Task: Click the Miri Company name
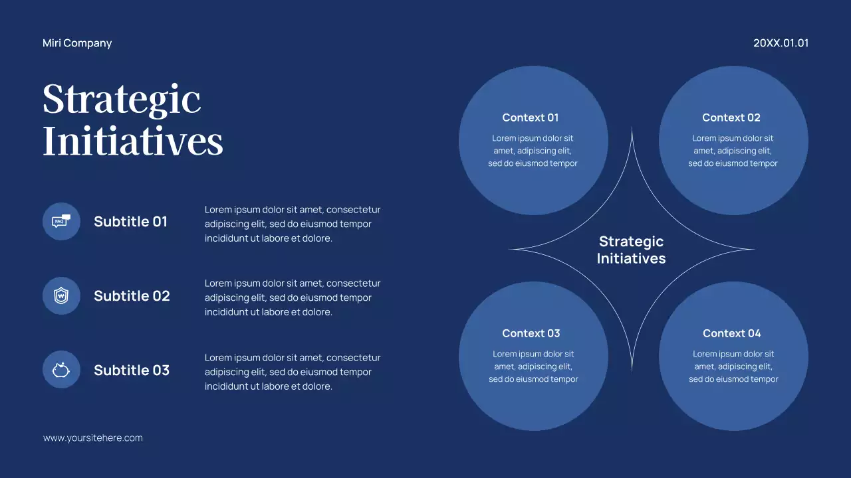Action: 77,43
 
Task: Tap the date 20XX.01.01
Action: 781,43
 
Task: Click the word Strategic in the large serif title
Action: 122,100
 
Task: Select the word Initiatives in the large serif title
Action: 133,141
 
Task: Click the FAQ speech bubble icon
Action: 61,221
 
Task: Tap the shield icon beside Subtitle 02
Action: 61,295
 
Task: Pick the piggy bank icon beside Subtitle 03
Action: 61,369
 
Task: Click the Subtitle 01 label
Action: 130,222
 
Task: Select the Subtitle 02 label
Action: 132,296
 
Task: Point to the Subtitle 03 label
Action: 132,370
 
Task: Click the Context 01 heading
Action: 531,118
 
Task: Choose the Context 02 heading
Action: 731,118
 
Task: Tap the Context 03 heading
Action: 531,333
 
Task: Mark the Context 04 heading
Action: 732,333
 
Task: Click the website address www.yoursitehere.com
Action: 93,438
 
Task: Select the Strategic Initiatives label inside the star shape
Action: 631,250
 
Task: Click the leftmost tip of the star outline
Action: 511,250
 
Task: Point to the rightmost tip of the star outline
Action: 753,250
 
